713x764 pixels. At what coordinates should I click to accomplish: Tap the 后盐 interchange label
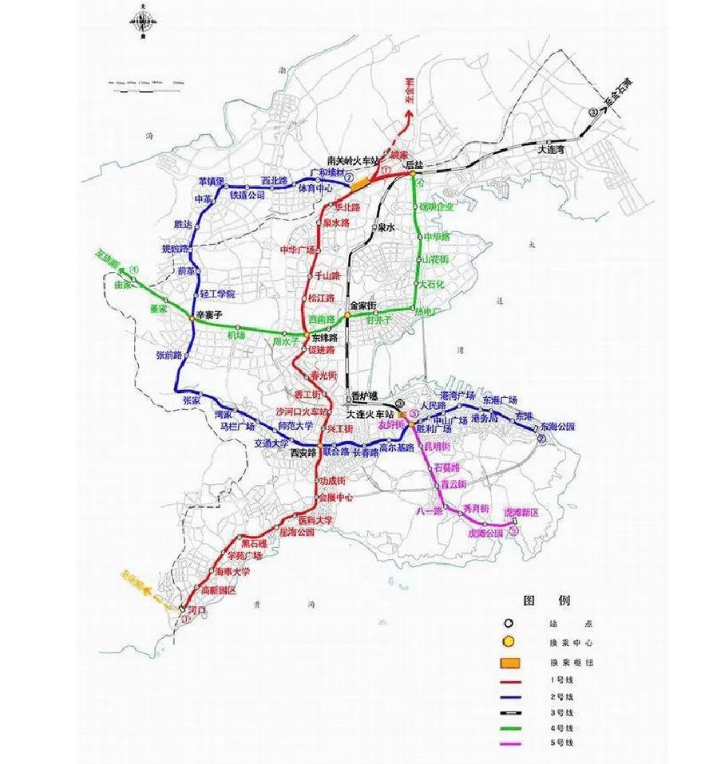[414, 164]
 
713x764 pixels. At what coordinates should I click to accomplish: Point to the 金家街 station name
[362, 305]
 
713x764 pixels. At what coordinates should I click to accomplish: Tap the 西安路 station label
[303, 452]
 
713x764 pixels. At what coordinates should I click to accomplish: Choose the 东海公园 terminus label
[557, 426]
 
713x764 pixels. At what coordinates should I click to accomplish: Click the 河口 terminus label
[196, 610]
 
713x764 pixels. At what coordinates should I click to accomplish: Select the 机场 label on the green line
[236, 336]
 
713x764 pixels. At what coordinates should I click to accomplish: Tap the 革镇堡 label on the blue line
[212, 181]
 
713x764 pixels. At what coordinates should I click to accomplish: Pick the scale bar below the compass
[147, 81]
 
